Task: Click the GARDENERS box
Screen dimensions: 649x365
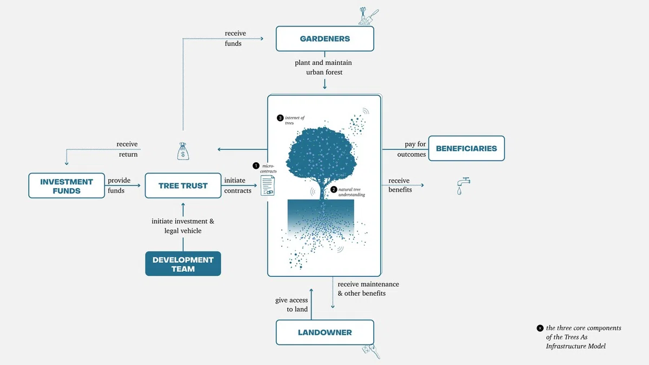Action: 325,38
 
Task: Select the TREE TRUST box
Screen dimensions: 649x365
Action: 183,185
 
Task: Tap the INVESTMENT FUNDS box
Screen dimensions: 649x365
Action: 67,185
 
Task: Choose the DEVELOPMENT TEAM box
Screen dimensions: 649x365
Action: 183,264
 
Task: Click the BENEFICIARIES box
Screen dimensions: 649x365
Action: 466,148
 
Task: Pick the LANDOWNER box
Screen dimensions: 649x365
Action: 325,332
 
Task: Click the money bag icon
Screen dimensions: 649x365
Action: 183,151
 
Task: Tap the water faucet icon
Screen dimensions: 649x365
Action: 463,186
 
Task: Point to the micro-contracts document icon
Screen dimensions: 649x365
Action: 267,186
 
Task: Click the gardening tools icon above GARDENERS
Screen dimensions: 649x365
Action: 368,16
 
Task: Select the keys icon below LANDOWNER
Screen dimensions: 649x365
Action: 371,351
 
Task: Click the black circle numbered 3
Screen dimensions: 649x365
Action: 280,118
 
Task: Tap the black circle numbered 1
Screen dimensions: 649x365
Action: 256,165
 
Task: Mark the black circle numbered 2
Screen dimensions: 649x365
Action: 334,189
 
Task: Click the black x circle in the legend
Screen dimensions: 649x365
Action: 540,328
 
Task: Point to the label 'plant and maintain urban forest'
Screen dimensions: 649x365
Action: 323,67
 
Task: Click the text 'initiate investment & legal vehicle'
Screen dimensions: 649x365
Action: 183,226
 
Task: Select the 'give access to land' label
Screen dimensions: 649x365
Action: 292,304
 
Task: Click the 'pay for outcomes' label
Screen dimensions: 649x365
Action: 412,149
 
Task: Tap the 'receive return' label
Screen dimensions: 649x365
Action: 127,149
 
